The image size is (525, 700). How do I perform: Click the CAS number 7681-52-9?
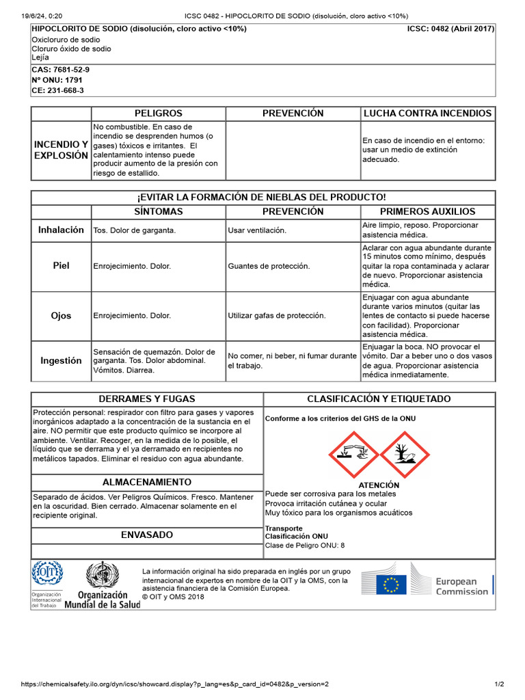click(60, 70)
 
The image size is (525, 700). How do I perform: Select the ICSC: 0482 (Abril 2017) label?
click(450, 29)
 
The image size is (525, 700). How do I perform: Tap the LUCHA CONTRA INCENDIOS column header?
click(427, 113)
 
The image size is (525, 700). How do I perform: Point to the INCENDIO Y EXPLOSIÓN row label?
click(62, 150)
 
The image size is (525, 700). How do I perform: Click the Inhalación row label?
click(62, 230)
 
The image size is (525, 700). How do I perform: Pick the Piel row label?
click(62, 265)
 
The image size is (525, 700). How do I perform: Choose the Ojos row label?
click(62, 316)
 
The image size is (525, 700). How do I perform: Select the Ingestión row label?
click(62, 360)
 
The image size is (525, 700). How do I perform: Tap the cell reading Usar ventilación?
click(257, 230)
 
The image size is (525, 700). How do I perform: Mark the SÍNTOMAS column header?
click(159, 212)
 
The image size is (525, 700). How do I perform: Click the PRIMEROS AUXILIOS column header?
click(427, 212)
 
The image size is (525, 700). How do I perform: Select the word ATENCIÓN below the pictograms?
click(379, 485)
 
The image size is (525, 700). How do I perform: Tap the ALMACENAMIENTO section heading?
click(147, 483)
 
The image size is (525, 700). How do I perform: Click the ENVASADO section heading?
click(147, 535)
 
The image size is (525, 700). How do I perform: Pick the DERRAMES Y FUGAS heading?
click(147, 399)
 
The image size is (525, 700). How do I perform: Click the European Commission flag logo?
click(392, 584)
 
